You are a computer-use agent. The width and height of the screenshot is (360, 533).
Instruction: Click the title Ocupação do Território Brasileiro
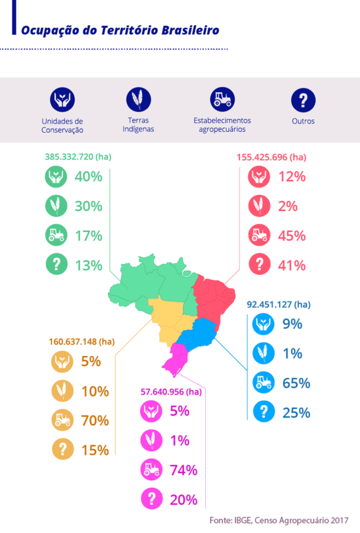[x=120, y=30]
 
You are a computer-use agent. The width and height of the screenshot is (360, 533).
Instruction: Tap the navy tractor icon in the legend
[x=222, y=98]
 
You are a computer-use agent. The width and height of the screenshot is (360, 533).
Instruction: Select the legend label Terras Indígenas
[x=138, y=125]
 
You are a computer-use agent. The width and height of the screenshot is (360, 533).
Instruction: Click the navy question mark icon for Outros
[x=303, y=99]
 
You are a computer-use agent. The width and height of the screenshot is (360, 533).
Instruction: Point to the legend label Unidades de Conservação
[x=62, y=125]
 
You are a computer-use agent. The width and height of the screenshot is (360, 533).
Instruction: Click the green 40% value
[x=88, y=176]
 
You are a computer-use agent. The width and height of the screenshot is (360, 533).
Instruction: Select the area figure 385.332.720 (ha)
[x=78, y=156]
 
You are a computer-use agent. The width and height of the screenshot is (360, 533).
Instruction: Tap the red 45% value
[x=291, y=236]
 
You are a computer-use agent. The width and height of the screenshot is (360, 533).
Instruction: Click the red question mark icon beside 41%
[x=259, y=265]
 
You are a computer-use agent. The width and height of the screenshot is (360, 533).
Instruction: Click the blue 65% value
[x=296, y=383]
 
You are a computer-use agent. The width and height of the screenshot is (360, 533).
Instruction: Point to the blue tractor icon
[x=264, y=383]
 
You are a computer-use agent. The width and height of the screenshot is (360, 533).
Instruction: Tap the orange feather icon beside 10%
[x=62, y=390]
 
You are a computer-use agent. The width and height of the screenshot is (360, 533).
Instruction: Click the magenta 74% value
[x=184, y=470]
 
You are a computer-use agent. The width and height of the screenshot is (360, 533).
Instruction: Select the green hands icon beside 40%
[x=56, y=176]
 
